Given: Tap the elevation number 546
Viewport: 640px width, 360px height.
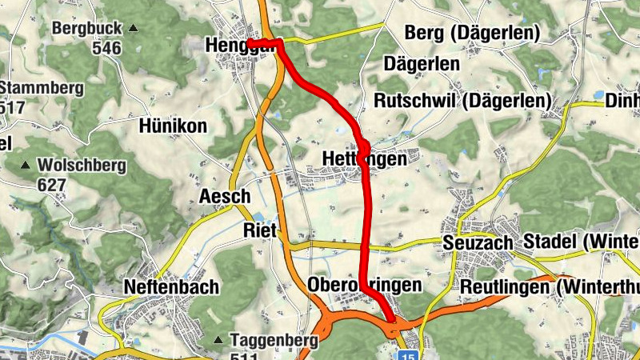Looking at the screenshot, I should (x=106, y=48).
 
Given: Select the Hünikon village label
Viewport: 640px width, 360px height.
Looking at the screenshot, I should (x=173, y=126).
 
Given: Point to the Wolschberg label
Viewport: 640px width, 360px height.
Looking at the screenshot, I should (x=82, y=166).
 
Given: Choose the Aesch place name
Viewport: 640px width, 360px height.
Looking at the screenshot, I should (x=225, y=197).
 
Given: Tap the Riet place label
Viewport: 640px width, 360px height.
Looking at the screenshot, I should (x=259, y=231).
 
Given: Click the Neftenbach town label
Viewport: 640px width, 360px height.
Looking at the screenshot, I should (x=171, y=286).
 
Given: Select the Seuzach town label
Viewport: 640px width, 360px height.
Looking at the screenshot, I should (x=478, y=242).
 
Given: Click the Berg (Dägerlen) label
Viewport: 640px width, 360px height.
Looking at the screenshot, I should (x=473, y=33).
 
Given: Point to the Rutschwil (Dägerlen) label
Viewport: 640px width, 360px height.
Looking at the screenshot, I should (x=463, y=102).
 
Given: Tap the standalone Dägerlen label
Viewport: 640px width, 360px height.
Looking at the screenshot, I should (x=422, y=63).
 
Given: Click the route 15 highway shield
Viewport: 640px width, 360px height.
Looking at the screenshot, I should (x=410, y=353).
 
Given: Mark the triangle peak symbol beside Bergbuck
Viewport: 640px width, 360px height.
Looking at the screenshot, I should (x=133, y=29).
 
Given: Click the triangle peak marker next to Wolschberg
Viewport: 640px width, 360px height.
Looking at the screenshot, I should (x=26, y=166).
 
